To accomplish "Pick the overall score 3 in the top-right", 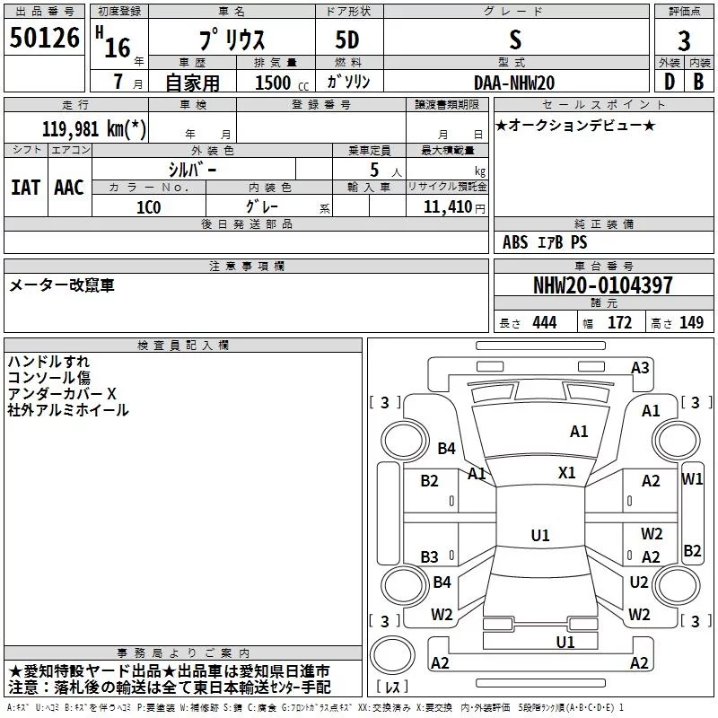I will [x=684, y=40].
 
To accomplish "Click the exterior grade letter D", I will [x=669, y=82].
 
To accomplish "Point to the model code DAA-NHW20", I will [x=514, y=83].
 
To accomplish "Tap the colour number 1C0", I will [x=149, y=206].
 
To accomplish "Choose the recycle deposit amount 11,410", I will [x=447, y=206].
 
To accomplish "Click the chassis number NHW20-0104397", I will [x=602, y=285].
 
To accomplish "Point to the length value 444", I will [x=544, y=323].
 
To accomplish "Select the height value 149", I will [x=691, y=323].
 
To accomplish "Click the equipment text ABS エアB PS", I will [x=545, y=242].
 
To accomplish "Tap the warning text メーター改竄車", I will [x=62, y=285].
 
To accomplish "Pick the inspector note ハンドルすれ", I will [x=48, y=362].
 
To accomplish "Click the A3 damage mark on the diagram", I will [x=640, y=367].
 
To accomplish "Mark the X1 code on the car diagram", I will [x=566, y=473].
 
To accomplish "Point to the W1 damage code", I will [x=692, y=479].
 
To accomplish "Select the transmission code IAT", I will [x=25, y=187].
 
